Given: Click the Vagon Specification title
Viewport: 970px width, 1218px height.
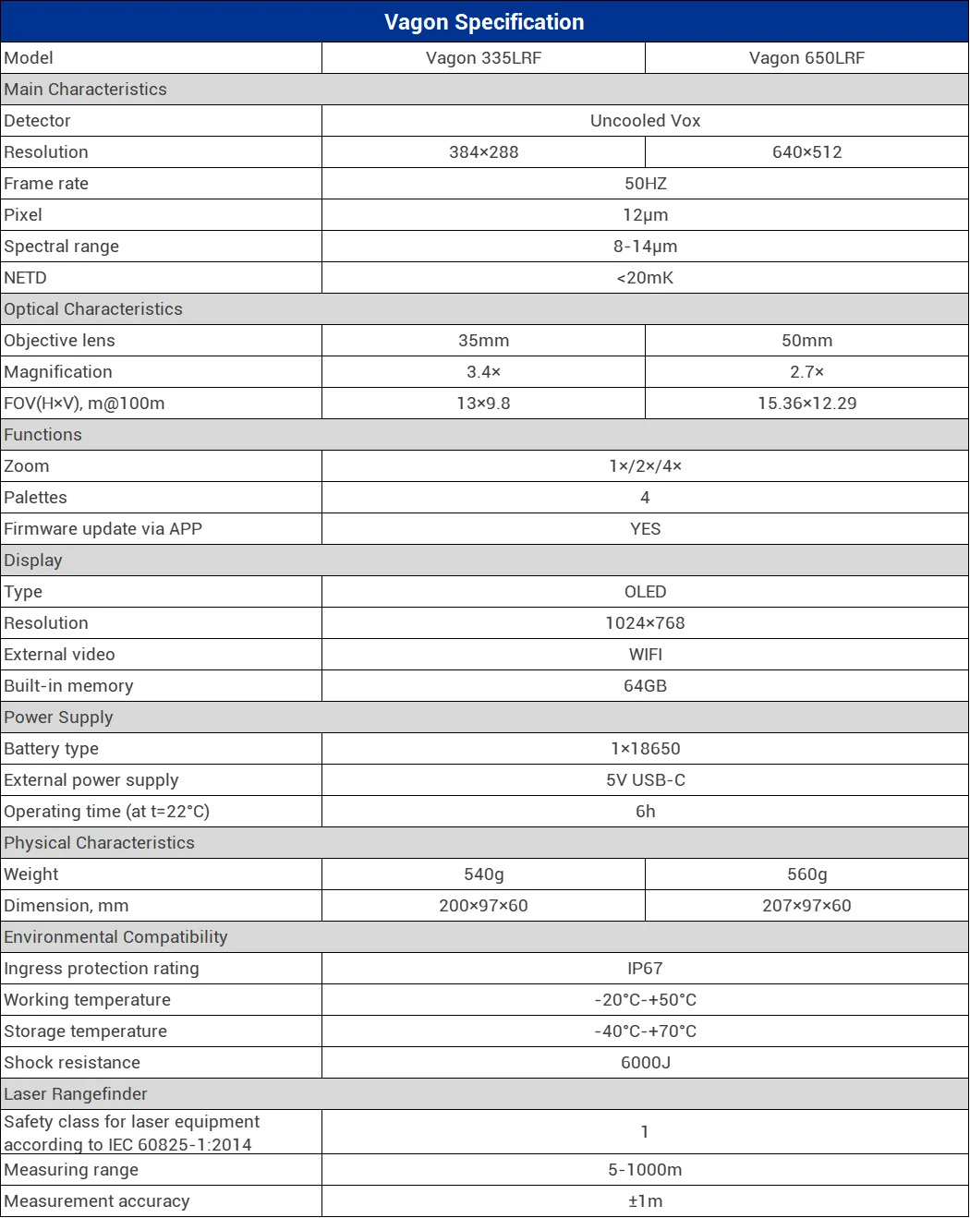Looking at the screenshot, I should coord(484,22).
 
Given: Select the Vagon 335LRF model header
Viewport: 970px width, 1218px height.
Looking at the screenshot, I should coord(483,58).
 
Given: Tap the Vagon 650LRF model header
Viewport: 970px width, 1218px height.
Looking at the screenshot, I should coord(806,58).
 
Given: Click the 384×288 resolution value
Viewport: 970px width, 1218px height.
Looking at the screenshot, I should coord(483,152).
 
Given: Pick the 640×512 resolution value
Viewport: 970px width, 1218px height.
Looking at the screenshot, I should coord(806,152).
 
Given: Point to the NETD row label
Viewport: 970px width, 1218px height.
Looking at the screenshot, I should coord(25,278).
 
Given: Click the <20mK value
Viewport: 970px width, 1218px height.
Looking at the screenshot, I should coord(645,278).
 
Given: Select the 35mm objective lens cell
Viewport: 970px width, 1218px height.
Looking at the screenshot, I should coord(483,341).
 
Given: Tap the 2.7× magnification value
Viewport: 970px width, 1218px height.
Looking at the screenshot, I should coord(806,372).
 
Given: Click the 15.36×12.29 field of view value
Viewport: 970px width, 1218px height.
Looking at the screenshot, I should coord(806,404).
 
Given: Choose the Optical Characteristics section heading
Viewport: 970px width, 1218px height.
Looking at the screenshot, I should coord(93,309).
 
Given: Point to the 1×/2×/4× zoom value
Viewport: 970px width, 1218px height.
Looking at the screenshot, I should coord(645,466).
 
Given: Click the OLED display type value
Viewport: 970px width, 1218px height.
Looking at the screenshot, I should coord(645,592).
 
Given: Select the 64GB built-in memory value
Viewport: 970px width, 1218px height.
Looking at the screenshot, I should coord(645,686).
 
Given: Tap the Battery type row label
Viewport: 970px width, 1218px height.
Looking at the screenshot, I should coord(51,749).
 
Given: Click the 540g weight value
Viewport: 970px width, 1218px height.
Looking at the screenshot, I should coord(483,874).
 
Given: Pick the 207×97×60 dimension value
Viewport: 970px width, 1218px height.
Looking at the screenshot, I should coord(806,906).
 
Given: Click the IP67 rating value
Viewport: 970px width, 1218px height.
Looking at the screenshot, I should coord(645,969).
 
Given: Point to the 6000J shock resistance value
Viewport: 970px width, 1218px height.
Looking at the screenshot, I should coord(645,1063).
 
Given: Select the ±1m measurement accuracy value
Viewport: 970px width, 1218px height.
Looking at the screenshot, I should coord(645,1201).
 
